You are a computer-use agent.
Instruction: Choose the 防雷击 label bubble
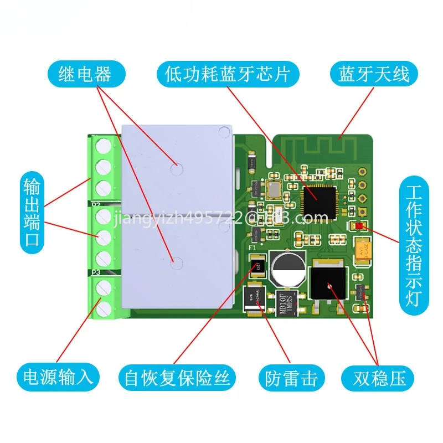289,378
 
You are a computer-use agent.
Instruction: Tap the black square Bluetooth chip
317,195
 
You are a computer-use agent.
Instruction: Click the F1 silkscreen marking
252,248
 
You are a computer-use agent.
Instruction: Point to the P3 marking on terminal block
95,272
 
